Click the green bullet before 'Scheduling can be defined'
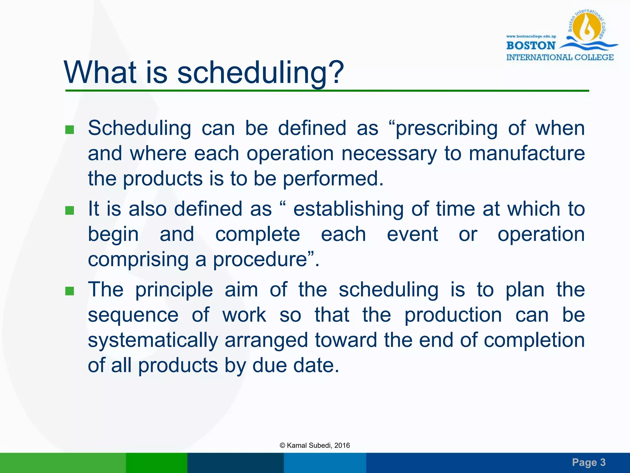pyautogui.click(x=70, y=130)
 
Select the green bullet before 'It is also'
pyautogui.click(x=70, y=211)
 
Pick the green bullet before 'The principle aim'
pyautogui.click(x=70, y=291)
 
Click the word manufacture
pyautogui.click(x=526, y=153)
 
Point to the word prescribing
pyautogui.click(x=446, y=129)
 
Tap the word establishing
pyautogui.click(x=348, y=209)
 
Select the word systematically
pyautogui.click(x=153, y=340)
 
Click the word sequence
pyautogui.click(x=133, y=315)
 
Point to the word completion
pyautogui.click(x=534, y=340)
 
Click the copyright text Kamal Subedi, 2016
pyautogui.click(x=315, y=445)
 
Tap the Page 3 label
pyautogui.click(x=588, y=462)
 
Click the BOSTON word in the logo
pyautogui.click(x=531, y=46)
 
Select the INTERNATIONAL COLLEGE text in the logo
pyautogui.click(x=560, y=57)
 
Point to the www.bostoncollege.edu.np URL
pyautogui.click(x=531, y=36)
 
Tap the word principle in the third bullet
pyautogui.click(x=174, y=290)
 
